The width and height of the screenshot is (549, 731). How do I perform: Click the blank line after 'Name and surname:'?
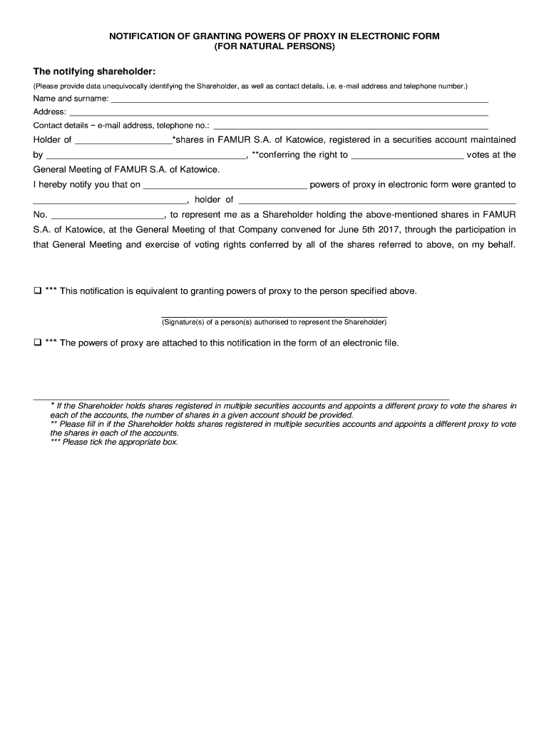point(299,101)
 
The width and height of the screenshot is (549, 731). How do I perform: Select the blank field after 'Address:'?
point(278,114)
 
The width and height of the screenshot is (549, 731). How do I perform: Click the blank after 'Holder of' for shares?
point(123,142)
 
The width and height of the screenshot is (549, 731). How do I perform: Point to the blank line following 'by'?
point(145,156)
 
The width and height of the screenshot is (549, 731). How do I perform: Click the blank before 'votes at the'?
point(407,156)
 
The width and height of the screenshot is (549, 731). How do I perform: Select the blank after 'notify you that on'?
point(225,186)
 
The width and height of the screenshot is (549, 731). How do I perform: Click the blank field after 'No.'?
point(108,216)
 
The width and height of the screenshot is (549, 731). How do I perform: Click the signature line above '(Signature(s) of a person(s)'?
point(274,316)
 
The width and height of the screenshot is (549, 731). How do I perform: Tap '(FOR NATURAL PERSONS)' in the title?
point(274,46)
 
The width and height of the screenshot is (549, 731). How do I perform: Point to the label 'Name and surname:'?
point(71,99)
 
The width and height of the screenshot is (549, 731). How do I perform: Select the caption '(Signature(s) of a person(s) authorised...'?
point(274,322)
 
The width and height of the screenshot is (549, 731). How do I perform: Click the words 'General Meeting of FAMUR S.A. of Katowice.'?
point(127,170)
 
